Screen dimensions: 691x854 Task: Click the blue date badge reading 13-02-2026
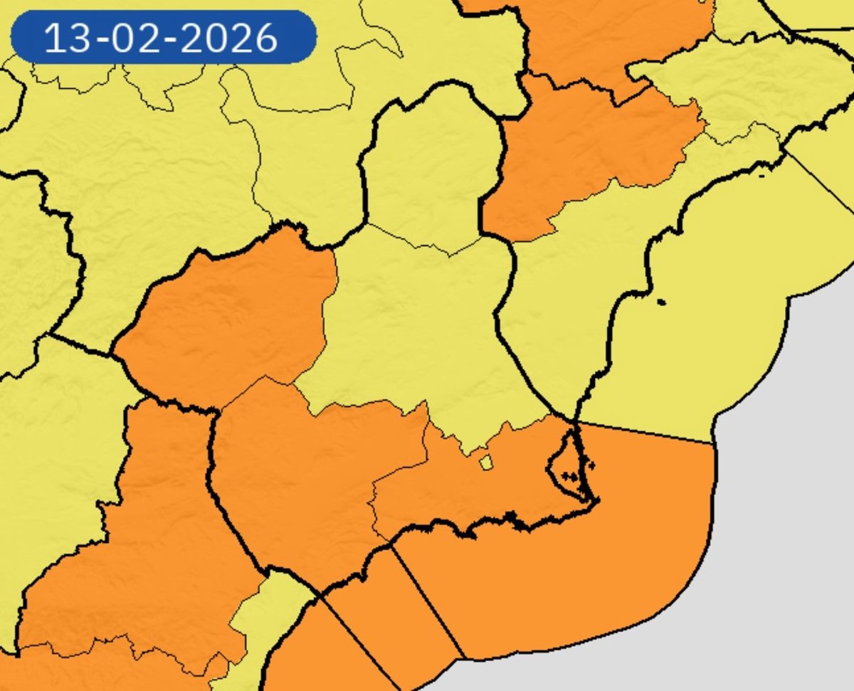coord(163,37)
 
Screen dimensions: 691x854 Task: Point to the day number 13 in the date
coord(68,38)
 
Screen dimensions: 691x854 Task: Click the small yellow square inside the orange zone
coord(486,463)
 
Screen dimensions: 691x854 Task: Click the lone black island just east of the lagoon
coord(590,466)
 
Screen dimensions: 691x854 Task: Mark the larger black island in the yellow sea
coord(661,302)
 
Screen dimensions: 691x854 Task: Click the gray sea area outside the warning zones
coord(783,534)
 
